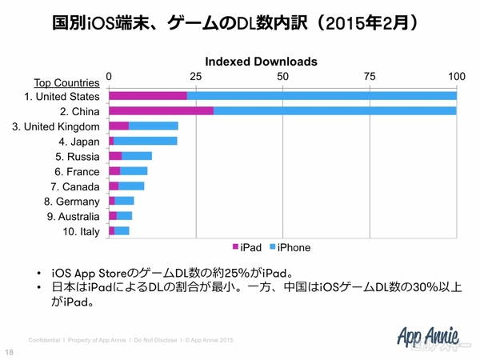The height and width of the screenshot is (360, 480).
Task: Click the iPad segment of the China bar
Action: pos(161,110)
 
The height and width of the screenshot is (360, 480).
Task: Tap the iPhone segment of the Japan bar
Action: pos(146,142)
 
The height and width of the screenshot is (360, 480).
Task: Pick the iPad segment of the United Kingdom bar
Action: pos(118,126)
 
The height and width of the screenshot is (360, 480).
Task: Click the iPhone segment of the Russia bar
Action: pos(137,156)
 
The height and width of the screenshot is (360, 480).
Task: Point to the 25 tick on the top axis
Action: pos(195,76)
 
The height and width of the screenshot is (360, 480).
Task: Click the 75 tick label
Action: pos(370,76)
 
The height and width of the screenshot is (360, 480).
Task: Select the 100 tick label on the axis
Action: pos(456,76)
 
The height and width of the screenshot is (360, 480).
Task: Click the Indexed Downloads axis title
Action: pos(262,61)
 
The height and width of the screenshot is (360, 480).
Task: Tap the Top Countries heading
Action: pos(66,82)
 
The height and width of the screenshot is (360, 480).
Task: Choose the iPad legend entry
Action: pos(246,246)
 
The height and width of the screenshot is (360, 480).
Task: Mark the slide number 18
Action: pos(10,352)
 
